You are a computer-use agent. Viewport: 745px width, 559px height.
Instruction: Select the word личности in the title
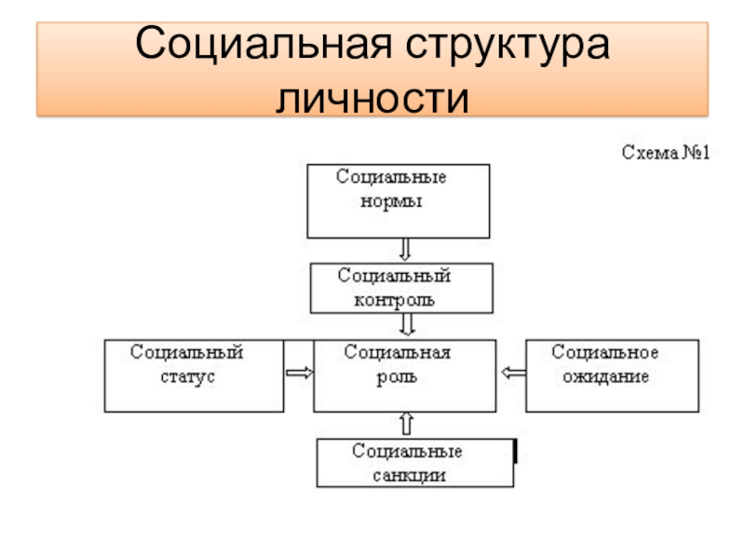pos(372,98)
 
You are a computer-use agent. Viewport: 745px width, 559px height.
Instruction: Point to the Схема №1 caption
pos(666,152)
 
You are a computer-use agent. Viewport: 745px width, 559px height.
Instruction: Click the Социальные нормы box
pos(398,201)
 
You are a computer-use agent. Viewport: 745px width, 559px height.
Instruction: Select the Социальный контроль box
pos(402,287)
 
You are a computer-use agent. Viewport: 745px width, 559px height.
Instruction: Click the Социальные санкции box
pos(414,463)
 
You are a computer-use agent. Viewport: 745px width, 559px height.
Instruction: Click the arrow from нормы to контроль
pos(405,250)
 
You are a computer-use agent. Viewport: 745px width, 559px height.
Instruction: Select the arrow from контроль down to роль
pos(407,325)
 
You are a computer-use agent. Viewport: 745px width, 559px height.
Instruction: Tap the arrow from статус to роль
pos(299,373)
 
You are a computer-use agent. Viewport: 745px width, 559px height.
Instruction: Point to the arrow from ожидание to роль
pos(512,373)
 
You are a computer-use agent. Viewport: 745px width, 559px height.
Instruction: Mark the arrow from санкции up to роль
pos(406,425)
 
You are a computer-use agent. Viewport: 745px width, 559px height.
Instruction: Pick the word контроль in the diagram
pos(394,300)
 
